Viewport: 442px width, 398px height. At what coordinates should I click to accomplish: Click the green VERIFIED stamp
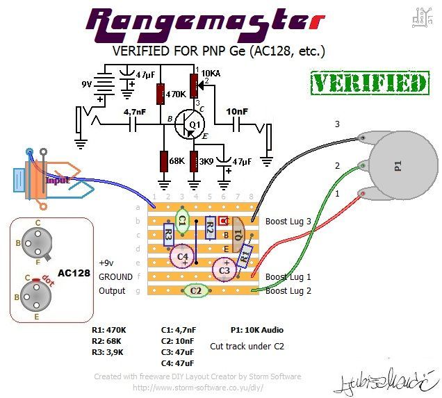click(369, 83)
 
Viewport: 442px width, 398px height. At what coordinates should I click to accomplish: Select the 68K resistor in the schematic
click(164, 161)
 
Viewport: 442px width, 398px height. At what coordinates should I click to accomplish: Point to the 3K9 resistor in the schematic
click(195, 161)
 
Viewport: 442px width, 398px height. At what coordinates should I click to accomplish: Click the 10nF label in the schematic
click(237, 111)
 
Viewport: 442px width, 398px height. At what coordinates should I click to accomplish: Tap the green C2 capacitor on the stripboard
click(196, 290)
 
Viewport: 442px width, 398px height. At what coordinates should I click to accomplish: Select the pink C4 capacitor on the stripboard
click(183, 256)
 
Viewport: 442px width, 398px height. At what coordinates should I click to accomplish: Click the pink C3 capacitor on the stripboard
click(224, 269)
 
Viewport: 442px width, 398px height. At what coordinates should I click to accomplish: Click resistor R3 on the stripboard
click(168, 235)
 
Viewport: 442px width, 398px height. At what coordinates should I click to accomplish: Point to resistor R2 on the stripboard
click(210, 227)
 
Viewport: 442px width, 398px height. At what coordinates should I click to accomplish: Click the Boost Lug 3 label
click(288, 221)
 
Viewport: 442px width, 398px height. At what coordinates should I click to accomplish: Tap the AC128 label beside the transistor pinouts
click(74, 272)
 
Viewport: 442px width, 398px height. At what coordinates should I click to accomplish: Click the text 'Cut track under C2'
click(247, 345)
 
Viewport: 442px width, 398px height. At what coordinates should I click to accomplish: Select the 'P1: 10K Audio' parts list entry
click(256, 329)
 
